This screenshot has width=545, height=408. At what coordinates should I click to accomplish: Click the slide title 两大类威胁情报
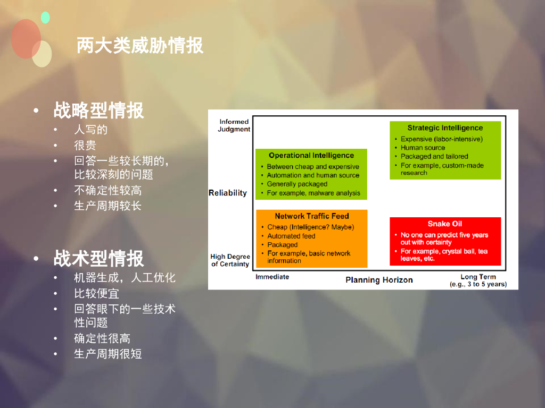(140, 46)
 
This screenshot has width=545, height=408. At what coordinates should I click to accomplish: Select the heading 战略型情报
(98, 110)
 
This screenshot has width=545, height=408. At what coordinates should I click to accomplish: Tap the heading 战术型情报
(98, 259)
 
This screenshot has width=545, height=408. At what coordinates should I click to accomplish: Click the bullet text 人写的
(90, 130)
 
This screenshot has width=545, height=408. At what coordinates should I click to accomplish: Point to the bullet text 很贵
(85, 145)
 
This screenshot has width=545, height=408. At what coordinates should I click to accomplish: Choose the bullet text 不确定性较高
(108, 190)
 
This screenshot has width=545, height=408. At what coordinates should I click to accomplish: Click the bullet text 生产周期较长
(108, 206)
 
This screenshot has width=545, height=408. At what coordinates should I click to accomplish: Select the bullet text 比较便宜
(96, 293)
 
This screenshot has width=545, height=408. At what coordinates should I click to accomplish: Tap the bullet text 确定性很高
(102, 338)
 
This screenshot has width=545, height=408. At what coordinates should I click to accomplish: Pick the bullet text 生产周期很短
(108, 354)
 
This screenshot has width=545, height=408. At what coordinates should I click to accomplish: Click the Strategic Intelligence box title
(445, 128)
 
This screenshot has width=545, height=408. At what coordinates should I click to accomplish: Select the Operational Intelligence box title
(311, 156)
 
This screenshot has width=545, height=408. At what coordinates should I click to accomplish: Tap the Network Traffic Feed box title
(311, 216)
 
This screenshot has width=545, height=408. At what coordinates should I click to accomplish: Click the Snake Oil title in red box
(445, 224)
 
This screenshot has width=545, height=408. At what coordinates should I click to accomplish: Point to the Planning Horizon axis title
(379, 280)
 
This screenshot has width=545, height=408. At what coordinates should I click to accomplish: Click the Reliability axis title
(228, 193)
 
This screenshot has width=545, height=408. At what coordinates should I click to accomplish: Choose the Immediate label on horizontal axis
(272, 277)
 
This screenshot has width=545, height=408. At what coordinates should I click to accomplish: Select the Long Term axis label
(478, 277)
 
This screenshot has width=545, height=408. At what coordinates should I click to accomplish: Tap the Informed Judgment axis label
(234, 125)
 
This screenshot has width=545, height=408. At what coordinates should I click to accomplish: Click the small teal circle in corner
(45, 18)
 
